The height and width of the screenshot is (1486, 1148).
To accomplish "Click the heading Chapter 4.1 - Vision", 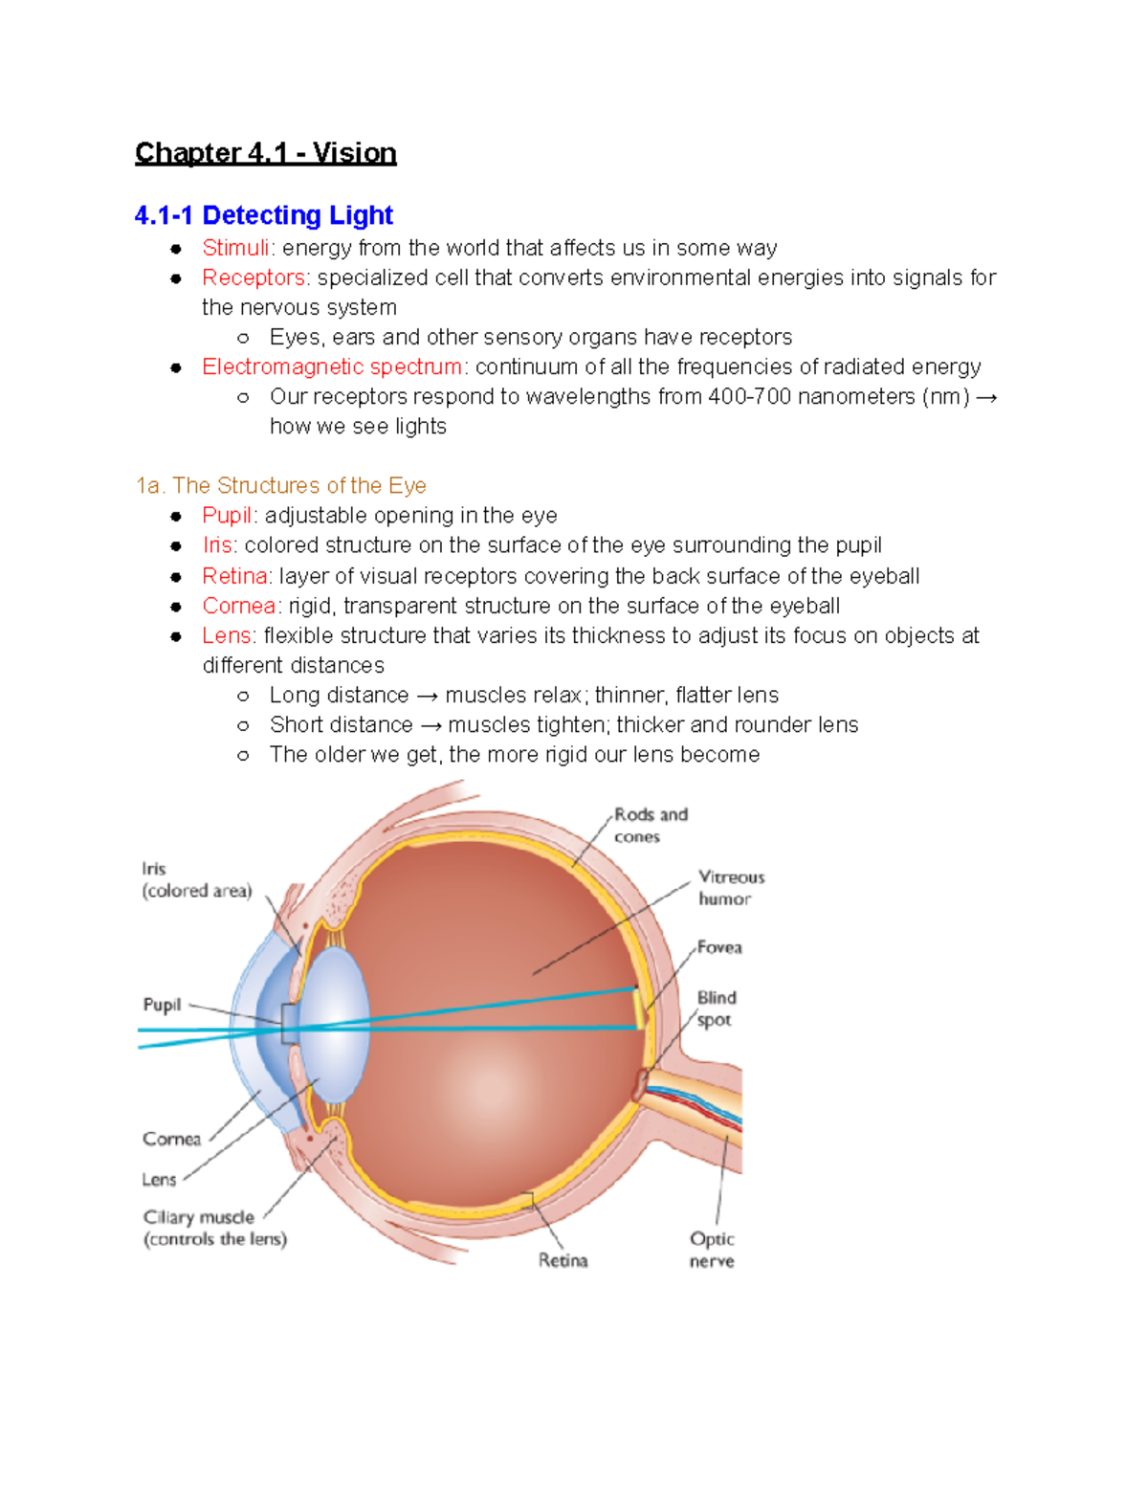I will pyautogui.click(x=265, y=153).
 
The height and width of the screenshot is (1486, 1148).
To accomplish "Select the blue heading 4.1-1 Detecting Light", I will pyautogui.click(x=264, y=215).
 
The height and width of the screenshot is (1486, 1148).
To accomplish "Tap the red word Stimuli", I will pyautogui.click(x=235, y=248).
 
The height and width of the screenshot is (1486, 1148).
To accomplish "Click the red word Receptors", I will pyautogui.click(x=254, y=277).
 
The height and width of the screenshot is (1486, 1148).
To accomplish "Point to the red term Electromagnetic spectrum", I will pyautogui.click(x=332, y=366).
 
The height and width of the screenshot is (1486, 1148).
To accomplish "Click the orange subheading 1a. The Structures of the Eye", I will pyautogui.click(x=280, y=485).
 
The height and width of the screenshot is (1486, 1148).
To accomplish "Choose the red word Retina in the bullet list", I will pyautogui.click(x=234, y=576).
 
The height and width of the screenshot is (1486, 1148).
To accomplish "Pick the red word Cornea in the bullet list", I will pyautogui.click(x=239, y=606).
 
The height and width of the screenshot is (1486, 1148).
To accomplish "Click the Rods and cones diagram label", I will pyautogui.click(x=651, y=825).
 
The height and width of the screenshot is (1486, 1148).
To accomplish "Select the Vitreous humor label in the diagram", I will pyautogui.click(x=731, y=887).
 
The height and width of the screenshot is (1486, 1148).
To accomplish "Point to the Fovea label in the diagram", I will pyautogui.click(x=719, y=947).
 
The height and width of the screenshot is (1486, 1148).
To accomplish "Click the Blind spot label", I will pyautogui.click(x=717, y=1009).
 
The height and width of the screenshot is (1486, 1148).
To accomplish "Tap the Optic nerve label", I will pyautogui.click(x=712, y=1250).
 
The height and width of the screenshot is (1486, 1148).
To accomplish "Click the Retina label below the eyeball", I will pyautogui.click(x=563, y=1260).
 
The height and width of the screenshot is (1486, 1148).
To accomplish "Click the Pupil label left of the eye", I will pyautogui.click(x=162, y=1005).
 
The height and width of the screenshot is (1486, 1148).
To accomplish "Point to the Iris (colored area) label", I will pyautogui.click(x=196, y=879).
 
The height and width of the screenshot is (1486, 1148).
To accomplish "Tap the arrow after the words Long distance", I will pyautogui.click(x=427, y=696).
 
